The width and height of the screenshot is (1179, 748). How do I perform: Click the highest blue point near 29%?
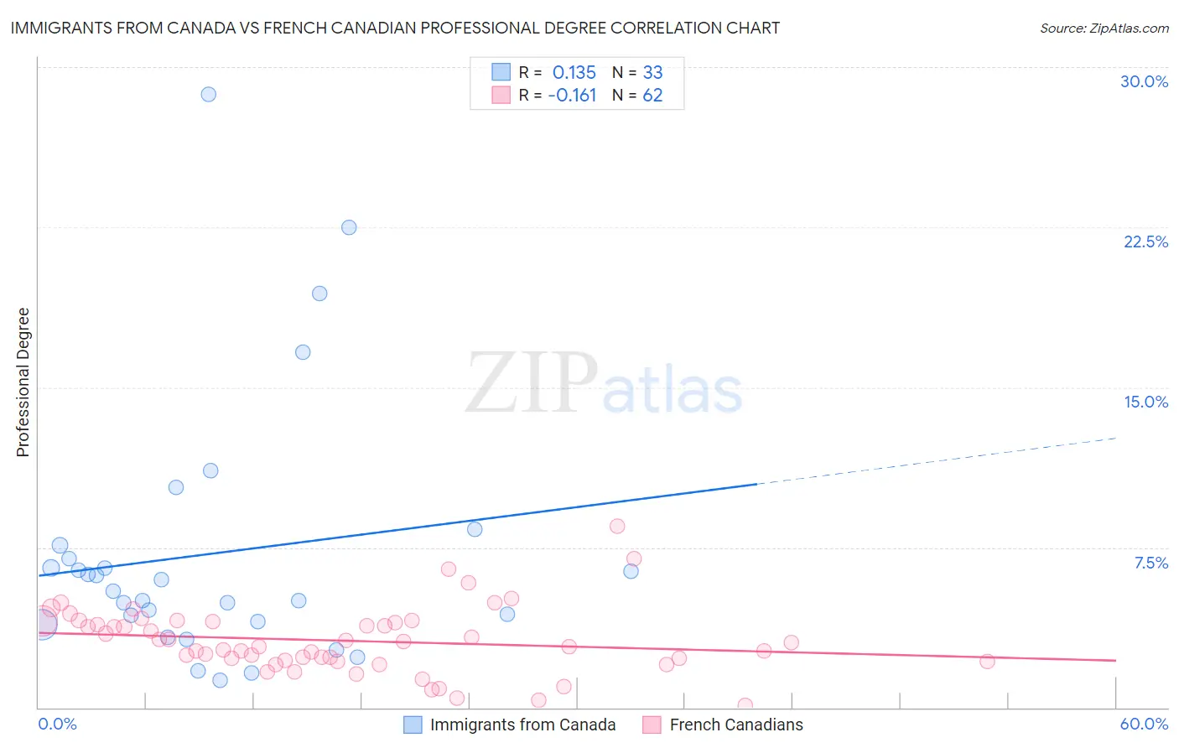click(x=209, y=94)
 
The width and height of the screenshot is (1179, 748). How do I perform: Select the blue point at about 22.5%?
click(x=349, y=227)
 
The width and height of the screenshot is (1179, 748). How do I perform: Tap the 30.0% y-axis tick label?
click(x=1144, y=81)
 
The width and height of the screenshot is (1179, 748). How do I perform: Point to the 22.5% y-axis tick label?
click(x=1145, y=242)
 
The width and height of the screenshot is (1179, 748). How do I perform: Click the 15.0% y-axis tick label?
click(x=1145, y=402)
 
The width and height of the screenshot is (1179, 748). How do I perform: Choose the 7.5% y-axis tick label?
click(x=1150, y=563)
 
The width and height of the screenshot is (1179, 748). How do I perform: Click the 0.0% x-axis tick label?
click(x=57, y=724)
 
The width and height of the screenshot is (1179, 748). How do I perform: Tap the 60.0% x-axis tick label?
click(x=1144, y=724)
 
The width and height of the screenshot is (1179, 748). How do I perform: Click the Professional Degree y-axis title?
click(x=23, y=382)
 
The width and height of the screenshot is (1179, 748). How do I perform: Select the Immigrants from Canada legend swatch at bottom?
click(x=413, y=725)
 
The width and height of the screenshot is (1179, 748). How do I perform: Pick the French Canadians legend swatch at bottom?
click(x=652, y=725)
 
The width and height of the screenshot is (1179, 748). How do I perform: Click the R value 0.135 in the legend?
click(x=574, y=72)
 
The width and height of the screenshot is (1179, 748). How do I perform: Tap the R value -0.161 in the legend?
click(x=572, y=95)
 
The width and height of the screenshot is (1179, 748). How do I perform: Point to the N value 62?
click(x=652, y=95)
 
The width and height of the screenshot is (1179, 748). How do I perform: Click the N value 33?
click(x=652, y=72)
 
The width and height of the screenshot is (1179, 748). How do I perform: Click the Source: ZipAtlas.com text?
click(x=1104, y=29)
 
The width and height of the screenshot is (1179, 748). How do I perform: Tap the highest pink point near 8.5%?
click(x=617, y=526)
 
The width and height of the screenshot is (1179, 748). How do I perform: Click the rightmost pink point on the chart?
click(x=987, y=661)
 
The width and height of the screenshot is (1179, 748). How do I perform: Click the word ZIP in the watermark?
click(x=532, y=384)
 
